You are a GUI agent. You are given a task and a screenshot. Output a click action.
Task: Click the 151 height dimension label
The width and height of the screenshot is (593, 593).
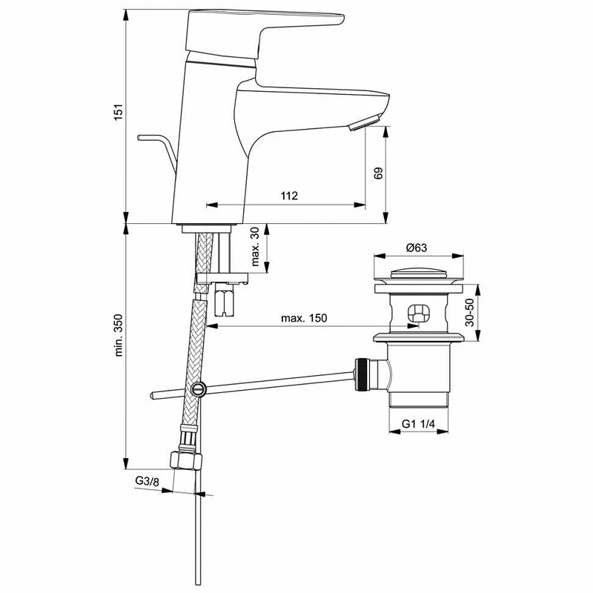tap(119, 112)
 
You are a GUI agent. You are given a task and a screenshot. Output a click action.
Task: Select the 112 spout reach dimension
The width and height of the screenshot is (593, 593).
tap(289, 196)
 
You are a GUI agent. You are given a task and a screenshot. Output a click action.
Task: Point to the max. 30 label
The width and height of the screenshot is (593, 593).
tap(256, 247)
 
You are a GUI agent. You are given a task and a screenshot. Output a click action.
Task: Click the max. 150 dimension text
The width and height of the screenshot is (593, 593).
tap(304, 318)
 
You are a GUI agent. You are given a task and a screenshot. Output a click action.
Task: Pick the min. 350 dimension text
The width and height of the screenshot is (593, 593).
tap(119, 336)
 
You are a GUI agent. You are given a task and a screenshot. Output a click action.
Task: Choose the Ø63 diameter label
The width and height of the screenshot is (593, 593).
tap(417, 248)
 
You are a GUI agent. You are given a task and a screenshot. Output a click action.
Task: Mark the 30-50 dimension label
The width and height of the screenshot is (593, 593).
tap(469, 312)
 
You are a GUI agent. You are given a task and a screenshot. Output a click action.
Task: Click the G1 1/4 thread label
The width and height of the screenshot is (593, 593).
tap(418, 423)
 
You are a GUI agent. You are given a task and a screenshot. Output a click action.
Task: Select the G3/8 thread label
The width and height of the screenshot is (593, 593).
tap(148, 481)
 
